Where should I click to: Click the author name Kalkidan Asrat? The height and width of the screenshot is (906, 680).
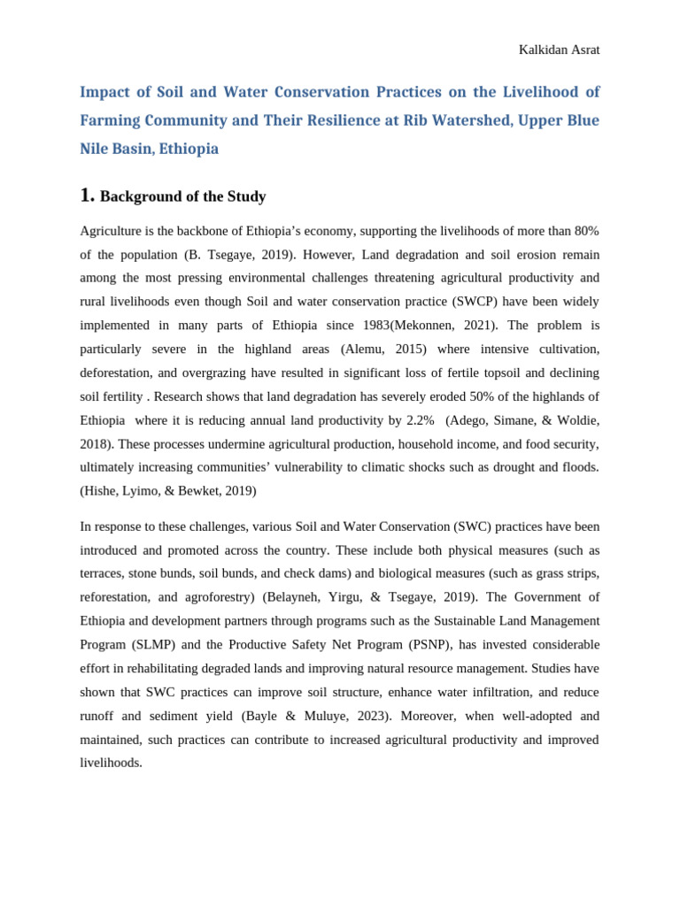point(559,50)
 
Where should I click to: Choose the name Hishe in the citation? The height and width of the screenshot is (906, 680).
point(102,491)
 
